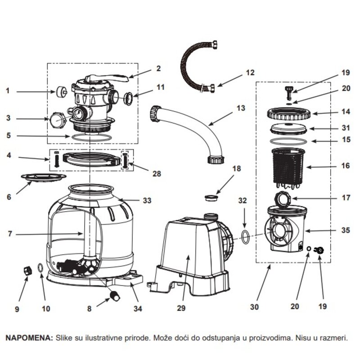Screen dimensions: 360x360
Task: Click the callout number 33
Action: point(147,200)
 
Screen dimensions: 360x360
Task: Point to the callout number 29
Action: point(181,308)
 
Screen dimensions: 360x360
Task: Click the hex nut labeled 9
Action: point(28,271)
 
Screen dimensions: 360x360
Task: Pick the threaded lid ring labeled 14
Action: point(289,114)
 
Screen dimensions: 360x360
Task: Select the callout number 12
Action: point(250,72)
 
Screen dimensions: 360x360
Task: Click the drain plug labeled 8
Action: point(115,296)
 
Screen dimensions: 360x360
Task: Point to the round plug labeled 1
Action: point(61,92)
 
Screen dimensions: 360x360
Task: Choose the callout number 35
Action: point(346,230)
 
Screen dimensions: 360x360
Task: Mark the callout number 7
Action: point(10,234)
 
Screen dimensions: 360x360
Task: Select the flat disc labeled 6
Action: point(44,177)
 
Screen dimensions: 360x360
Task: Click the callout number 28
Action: point(157,174)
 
